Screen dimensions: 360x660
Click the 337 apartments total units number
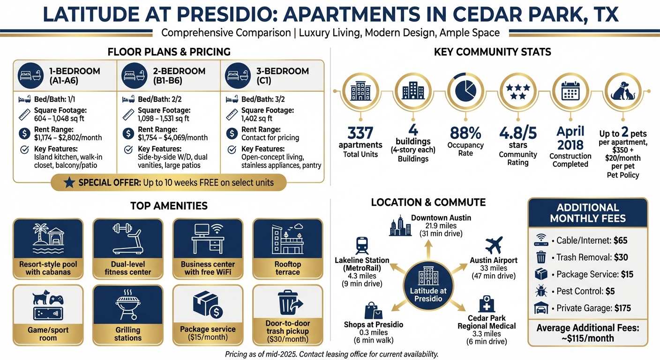point(360,133)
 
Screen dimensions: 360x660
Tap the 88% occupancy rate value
point(465,133)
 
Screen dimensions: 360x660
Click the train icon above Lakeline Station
point(362,245)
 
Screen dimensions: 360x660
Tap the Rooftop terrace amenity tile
point(287,248)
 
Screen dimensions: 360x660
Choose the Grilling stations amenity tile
point(128,315)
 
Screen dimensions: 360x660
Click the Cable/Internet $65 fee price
point(621,241)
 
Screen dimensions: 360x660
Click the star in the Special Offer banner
point(69,182)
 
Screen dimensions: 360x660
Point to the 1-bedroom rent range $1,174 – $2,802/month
point(68,138)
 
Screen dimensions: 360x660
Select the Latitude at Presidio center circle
point(428,286)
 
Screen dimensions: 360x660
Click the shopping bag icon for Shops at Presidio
point(374,311)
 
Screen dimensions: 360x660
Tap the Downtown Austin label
point(441,218)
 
